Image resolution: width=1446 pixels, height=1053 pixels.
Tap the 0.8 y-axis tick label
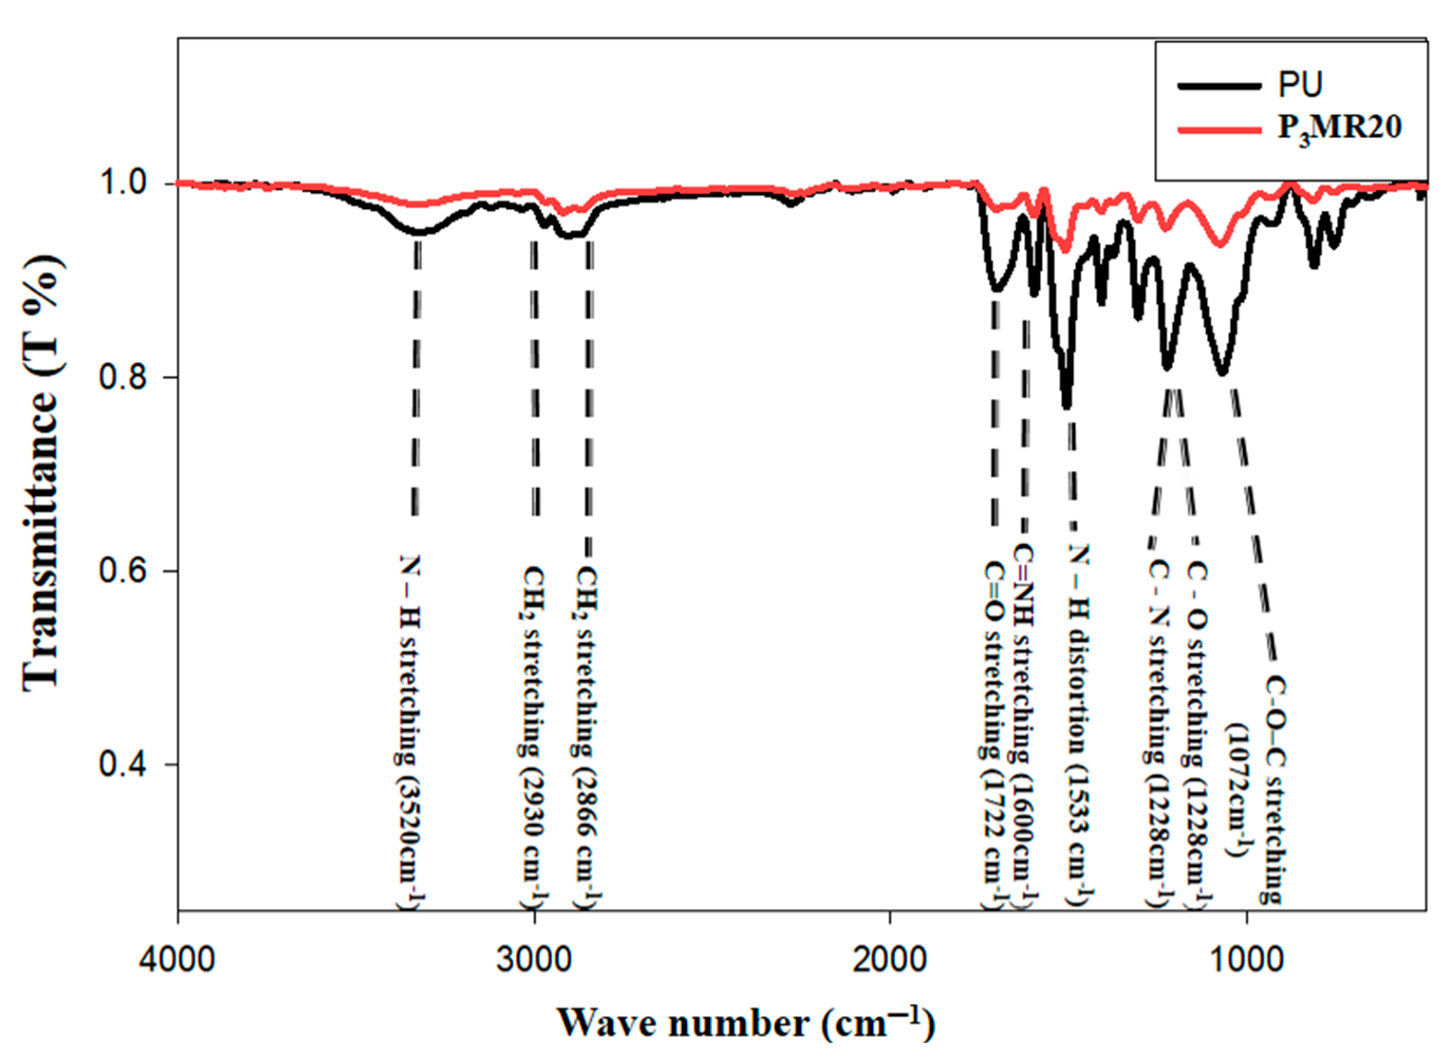coord(126,378)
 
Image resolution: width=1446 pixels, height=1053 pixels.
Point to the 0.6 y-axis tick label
coord(126,571)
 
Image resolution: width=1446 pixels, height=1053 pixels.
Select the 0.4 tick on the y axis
coord(126,764)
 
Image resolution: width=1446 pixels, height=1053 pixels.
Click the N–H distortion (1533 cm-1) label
coord(1079,727)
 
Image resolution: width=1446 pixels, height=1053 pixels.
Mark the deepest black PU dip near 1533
coord(1066,403)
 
